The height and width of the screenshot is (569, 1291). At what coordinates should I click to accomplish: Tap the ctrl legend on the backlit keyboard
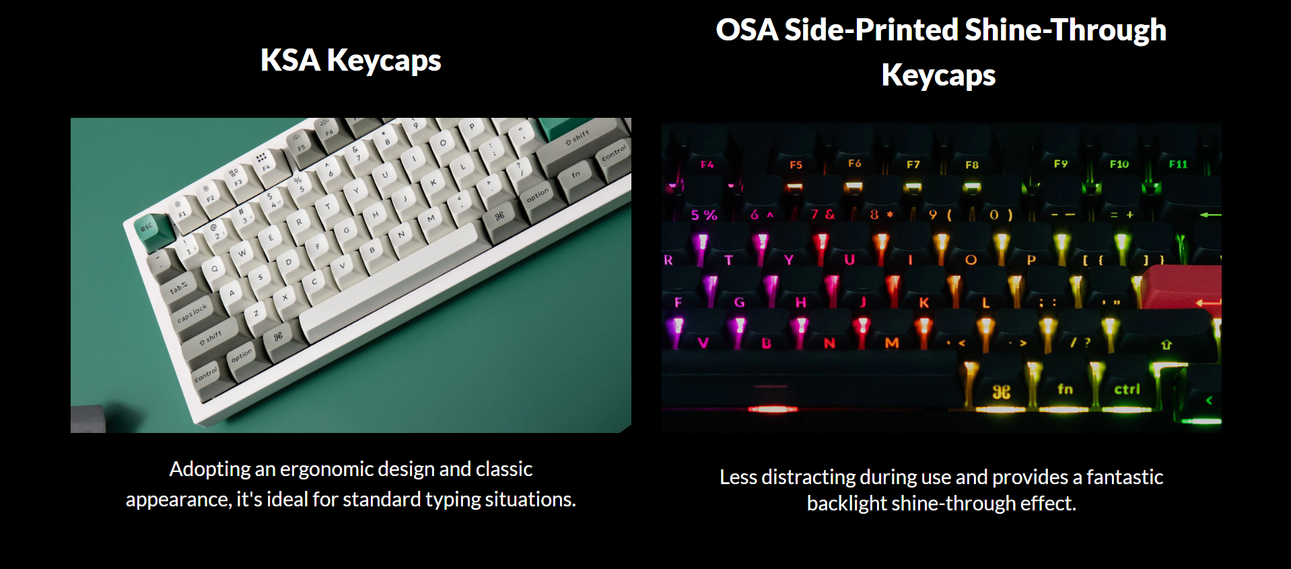[1127, 389]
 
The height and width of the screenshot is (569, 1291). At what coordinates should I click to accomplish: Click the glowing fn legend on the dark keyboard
[1065, 389]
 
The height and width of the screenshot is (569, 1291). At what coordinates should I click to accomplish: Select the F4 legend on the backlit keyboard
[707, 164]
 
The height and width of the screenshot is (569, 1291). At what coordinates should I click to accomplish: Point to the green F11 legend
[1178, 164]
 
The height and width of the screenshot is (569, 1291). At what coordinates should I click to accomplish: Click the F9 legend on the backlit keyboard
[1061, 164]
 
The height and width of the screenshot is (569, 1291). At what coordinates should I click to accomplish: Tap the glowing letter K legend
[924, 303]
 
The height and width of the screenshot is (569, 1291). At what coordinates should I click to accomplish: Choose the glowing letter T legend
[728, 260]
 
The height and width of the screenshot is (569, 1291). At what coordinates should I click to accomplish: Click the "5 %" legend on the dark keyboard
[704, 215]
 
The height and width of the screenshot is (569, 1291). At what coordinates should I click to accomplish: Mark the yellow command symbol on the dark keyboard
[1001, 392]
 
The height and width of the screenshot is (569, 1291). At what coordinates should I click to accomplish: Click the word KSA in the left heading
[290, 60]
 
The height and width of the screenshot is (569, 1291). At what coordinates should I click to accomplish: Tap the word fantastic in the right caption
[1125, 477]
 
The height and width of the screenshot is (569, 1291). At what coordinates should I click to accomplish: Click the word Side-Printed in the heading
[872, 30]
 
